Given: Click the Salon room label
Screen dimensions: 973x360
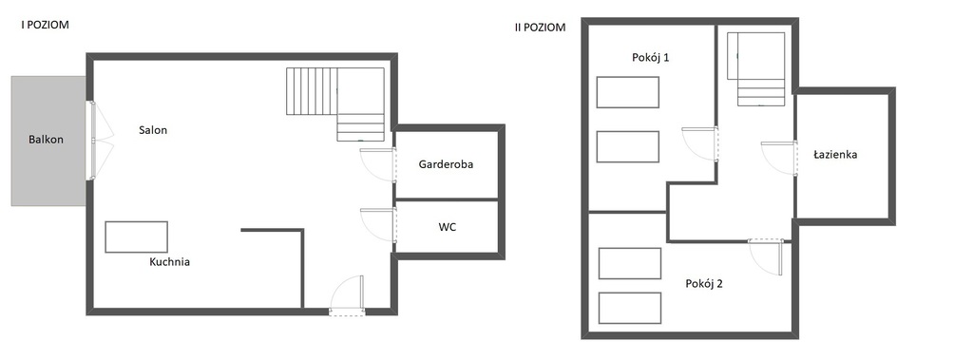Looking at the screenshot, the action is click(153, 130).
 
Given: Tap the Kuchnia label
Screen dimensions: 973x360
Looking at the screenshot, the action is click(169, 262).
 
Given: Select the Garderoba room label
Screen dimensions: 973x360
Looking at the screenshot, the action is click(446, 164).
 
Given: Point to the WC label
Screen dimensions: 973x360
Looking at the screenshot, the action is click(447, 227).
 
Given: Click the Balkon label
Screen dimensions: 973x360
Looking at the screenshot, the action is click(46, 140).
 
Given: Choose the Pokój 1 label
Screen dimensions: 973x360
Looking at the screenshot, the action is click(650, 58).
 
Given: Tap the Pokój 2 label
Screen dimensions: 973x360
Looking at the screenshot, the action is click(704, 284).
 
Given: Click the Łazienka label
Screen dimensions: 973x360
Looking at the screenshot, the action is click(835, 155).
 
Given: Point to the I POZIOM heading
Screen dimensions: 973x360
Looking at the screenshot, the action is click(45, 26).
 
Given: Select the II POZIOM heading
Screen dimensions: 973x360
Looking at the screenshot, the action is click(540, 28).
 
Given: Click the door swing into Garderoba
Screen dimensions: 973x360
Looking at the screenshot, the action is click(378, 164).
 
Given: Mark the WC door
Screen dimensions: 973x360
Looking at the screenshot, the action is click(378, 225).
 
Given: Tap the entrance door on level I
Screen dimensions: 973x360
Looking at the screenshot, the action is click(347, 295).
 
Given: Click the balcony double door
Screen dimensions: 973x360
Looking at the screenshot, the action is click(101, 141).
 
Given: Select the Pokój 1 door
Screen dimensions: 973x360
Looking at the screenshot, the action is click(700, 144).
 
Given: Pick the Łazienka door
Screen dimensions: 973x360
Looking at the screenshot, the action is click(779, 159).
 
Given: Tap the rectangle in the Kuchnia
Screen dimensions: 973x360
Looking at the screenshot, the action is click(137, 237).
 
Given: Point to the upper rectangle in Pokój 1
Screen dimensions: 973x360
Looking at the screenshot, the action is click(628, 92).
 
